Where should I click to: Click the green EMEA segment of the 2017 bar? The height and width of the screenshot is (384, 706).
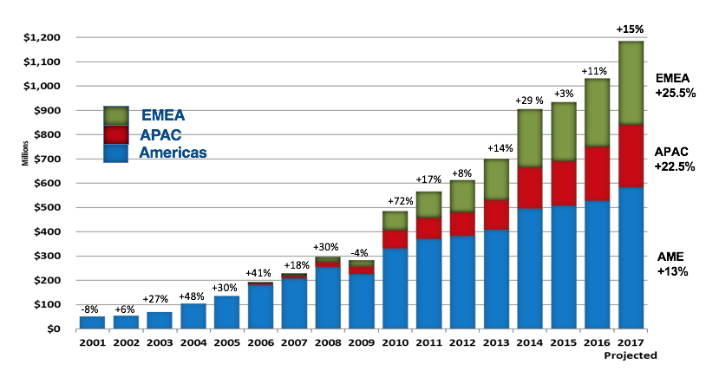pyautogui.click(x=631, y=82)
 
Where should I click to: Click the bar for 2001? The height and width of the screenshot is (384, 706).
pyautogui.click(x=92, y=322)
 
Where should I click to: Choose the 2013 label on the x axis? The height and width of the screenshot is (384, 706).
pyautogui.click(x=496, y=343)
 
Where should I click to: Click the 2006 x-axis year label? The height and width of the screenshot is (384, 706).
pyautogui.click(x=260, y=343)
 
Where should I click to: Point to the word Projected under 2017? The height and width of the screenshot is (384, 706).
pyautogui.click(x=631, y=355)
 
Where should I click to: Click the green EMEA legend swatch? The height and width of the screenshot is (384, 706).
pyautogui.click(x=115, y=116)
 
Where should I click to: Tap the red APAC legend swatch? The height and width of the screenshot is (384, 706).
pyautogui.click(x=115, y=135)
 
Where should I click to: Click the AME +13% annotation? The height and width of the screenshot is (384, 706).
pyautogui.click(x=673, y=264)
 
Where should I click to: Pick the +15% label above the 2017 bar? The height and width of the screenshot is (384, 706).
pyautogui.click(x=631, y=29)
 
